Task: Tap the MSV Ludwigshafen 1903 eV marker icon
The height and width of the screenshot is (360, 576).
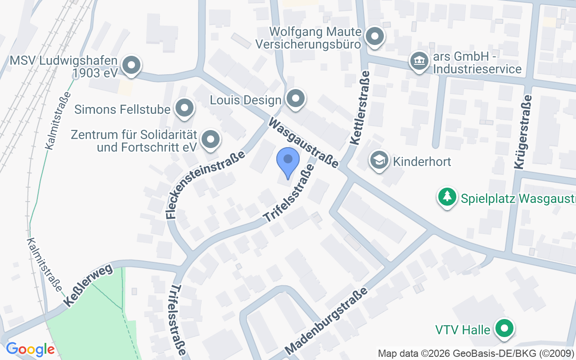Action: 131,65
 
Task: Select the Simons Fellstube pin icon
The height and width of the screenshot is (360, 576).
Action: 184,108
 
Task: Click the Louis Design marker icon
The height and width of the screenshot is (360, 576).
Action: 296,98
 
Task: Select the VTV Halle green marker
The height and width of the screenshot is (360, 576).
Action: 504,328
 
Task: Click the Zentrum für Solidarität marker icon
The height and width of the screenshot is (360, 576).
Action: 210,139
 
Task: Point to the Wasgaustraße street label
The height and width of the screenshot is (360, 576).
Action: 304,143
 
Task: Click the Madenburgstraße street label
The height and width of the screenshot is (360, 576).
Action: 327,320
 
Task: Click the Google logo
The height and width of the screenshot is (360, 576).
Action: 30,349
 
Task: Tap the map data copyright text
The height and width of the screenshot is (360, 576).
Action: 476,353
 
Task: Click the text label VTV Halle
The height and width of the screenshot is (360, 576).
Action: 463,330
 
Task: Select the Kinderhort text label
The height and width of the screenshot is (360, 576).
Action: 422,162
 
